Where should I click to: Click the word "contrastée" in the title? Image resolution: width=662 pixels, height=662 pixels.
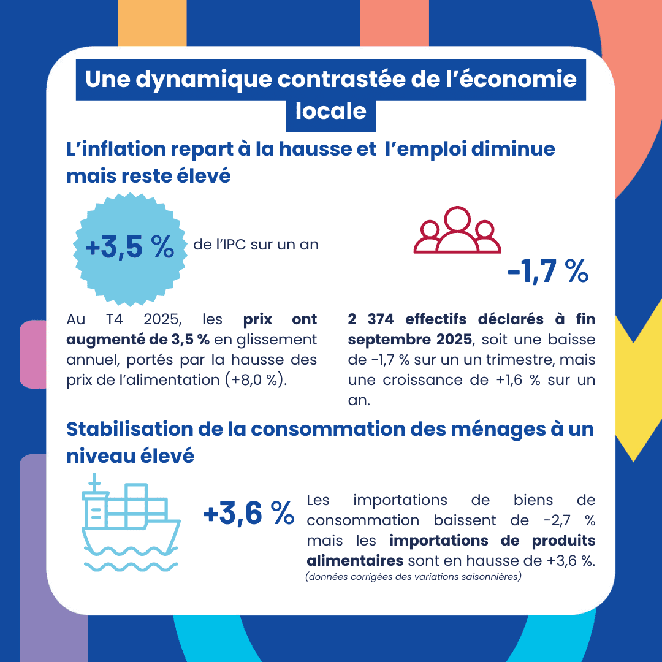click(345, 80)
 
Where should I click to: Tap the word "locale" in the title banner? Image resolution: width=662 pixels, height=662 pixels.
click(331, 112)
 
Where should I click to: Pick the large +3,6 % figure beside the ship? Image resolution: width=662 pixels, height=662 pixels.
click(249, 514)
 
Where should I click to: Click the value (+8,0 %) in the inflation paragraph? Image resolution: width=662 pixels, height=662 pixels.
click(256, 379)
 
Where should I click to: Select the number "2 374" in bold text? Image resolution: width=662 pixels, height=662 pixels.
click(367, 319)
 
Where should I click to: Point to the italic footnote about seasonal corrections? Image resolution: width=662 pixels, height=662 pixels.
click(413, 577)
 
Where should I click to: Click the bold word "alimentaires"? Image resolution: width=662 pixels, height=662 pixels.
click(354, 561)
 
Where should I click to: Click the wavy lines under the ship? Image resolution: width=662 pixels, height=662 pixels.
click(131, 566)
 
